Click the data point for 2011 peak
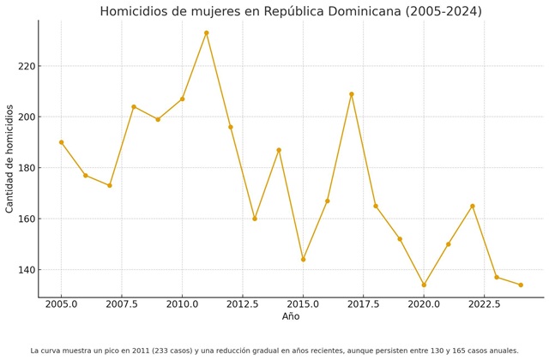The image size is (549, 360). pos(206,33)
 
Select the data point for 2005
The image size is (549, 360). pos(61,142)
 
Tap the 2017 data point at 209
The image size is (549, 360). pos(352,94)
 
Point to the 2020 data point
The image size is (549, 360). pos(424,285)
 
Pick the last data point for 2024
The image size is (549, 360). pos(521,285)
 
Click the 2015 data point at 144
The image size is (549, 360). pos(303,259)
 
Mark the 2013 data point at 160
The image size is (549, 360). pos(255,219)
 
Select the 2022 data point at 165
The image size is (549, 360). pos(473,206)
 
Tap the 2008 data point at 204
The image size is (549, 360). pos(134,106)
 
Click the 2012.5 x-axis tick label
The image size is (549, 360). pos(243,304)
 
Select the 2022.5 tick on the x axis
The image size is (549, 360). pos(485,304)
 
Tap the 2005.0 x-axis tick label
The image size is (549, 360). pos(61,304)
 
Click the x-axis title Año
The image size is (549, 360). pos(291,317)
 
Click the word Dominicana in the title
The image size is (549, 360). pos(366,12)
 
